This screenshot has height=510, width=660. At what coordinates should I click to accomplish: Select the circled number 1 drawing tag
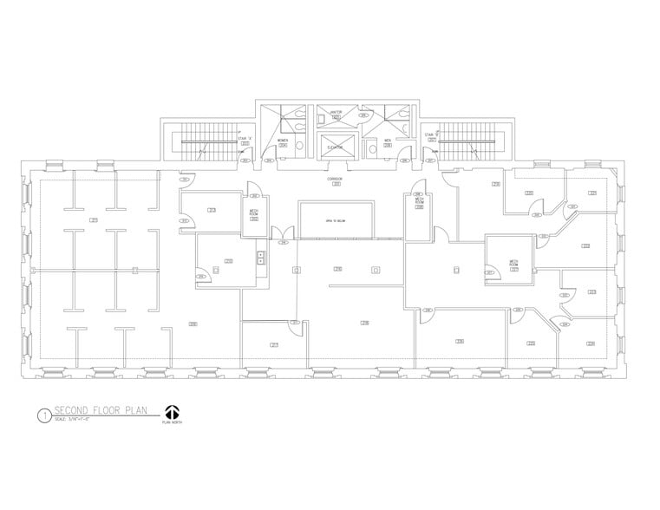(42, 415)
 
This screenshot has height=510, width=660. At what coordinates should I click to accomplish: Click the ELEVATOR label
(335, 147)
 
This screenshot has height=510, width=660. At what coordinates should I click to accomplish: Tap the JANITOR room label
(336, 114)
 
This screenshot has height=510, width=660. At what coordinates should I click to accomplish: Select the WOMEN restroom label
(283, 141)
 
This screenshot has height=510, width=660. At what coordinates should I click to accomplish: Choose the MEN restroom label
(388, 141)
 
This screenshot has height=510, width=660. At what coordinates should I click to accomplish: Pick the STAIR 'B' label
(429, 136)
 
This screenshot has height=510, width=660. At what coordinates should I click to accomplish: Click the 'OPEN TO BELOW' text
(335, 221)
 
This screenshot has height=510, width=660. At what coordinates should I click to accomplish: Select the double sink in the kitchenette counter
(259, 256)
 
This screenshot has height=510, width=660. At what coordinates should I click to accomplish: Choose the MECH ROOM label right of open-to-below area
(418, 203)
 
